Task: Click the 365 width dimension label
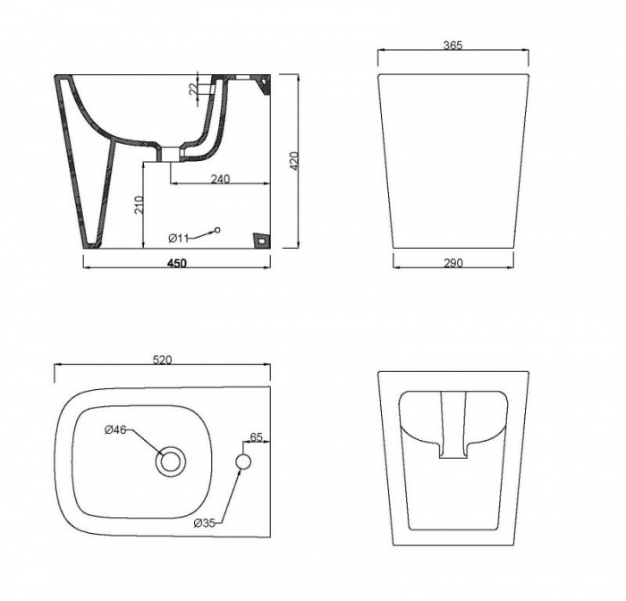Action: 453,45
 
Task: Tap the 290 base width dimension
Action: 453,263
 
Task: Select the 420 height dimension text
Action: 294,161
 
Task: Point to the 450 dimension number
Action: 177,264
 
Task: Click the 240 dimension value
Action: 220,179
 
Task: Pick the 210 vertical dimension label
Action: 139,205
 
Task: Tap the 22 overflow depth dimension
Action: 193,89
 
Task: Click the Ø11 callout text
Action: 178,239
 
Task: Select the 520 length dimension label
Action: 163,360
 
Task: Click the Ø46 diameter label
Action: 115,429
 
